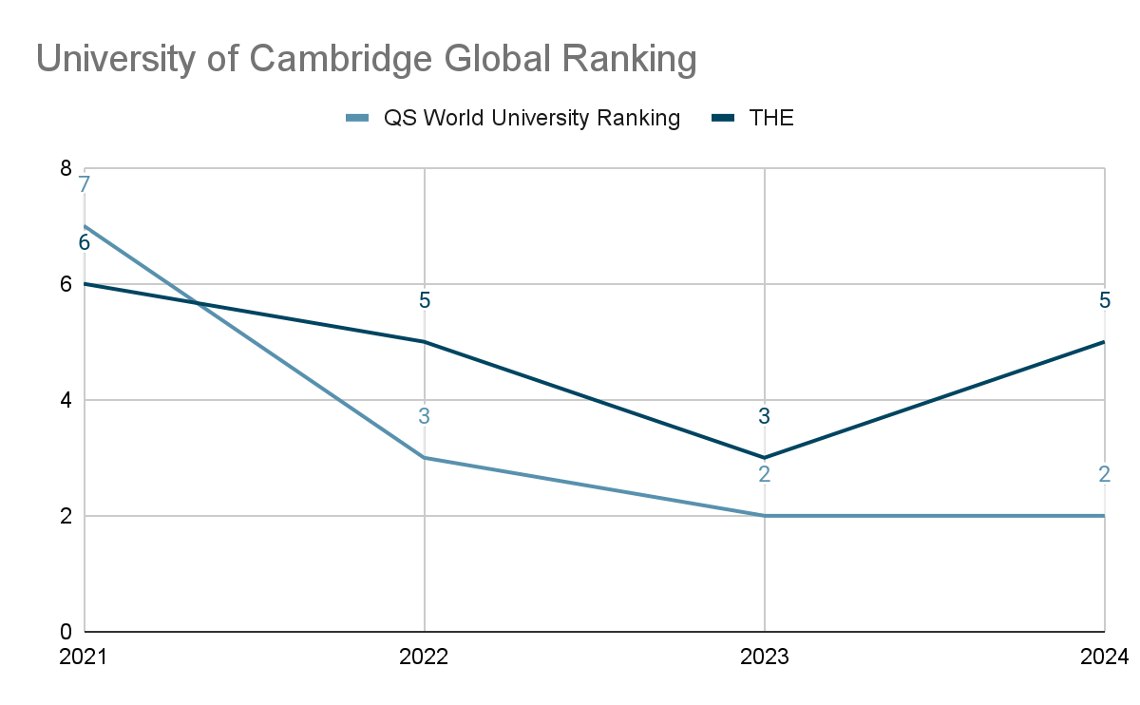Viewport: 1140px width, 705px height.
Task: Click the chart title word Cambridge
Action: point(340,59)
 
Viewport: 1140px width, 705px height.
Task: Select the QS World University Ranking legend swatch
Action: point(357,118)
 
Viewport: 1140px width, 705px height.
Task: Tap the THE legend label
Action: point(771,118)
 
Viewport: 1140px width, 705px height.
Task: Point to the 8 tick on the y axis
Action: point(66,168)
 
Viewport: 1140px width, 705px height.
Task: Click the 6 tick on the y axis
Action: point(66,284)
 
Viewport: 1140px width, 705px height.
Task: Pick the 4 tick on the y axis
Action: point(66,400)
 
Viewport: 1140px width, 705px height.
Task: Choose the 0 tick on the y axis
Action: point(66,632)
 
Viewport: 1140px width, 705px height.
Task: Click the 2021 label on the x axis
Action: point(83,657)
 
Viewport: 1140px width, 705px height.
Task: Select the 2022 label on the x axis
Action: point(424,657)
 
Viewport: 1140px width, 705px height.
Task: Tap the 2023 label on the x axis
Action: point(764,657)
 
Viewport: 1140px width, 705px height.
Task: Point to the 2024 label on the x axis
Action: point(1104,657)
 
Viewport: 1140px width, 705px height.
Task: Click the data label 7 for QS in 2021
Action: point(85,184)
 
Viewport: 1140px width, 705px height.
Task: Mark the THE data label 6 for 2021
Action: point(85,243)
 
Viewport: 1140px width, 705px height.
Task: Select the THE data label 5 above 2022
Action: point(425,300)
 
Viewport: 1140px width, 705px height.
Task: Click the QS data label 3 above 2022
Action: point(425,416)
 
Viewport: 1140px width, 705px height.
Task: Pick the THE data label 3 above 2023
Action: point(765,416)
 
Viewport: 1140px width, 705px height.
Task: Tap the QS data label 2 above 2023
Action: point(765,474)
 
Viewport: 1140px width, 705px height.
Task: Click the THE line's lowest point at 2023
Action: point(765,458)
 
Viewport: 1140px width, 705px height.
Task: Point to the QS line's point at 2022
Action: point(425,458)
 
